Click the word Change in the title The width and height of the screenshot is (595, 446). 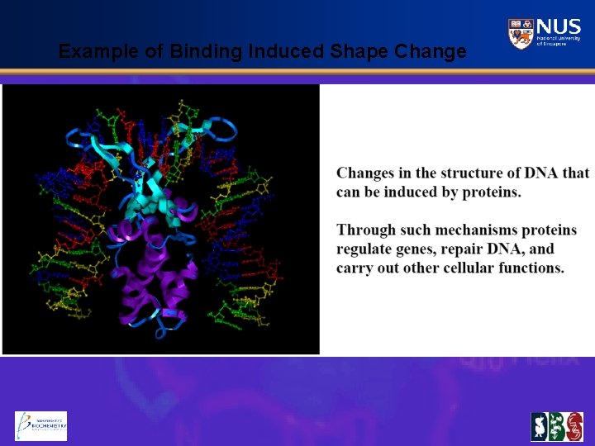[x=431, y=52]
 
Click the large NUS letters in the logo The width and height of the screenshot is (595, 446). [x=559, y=27]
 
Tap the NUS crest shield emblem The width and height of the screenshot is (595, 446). [x=521, y=34]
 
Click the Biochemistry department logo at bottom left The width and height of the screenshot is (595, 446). [x=40, y=426]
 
